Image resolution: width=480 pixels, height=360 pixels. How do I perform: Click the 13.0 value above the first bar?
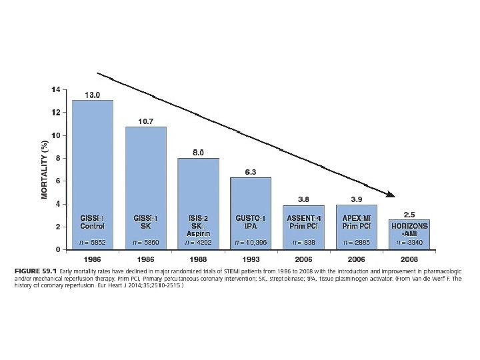pos(92,95)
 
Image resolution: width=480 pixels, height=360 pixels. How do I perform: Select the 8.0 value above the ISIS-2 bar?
pos(199,153)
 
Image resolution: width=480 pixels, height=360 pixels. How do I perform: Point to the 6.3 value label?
pos(251,172)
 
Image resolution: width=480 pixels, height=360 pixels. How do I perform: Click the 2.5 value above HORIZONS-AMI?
pos(410,214)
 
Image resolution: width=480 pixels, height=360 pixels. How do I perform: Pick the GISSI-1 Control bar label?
pos(92,222)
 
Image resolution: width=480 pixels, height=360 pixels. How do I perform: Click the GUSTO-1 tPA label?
pos(251,222)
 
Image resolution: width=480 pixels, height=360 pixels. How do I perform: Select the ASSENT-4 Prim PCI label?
pos(303,222)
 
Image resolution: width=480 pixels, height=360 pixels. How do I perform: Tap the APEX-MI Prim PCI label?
pos(356,222)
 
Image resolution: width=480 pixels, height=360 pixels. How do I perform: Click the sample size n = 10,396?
pos(251,241)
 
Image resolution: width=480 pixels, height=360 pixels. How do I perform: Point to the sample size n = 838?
pos(303,241)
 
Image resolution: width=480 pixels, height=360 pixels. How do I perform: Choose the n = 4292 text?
pos(199,241)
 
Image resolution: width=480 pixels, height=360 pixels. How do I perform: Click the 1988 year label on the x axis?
pos(199,257)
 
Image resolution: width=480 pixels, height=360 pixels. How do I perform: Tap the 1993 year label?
pos(251,257)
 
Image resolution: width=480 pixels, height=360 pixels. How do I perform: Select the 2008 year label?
pos(410,257)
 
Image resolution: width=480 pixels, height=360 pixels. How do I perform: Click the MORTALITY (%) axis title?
pos(44,169)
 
